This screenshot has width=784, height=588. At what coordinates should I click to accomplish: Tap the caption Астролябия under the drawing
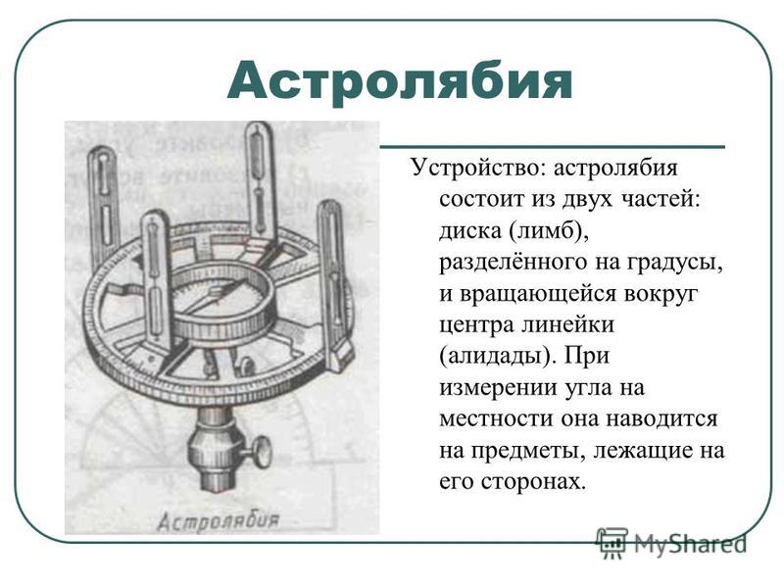click(x=218, y=521)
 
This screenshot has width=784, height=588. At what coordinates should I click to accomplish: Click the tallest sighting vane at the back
click(x=259, y=180)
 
